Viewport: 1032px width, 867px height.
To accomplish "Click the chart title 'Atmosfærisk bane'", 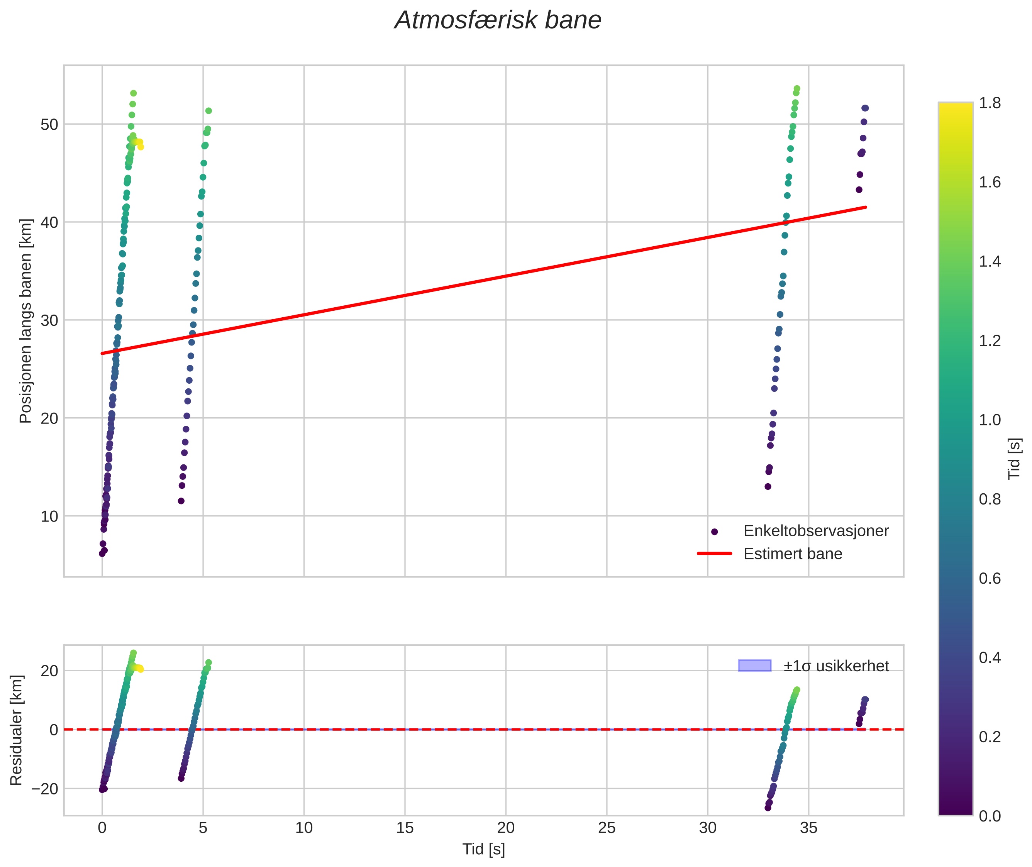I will coord(498,20).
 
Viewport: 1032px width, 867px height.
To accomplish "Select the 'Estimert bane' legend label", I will coord(792,554).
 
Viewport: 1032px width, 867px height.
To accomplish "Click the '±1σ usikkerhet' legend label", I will coord(836,666).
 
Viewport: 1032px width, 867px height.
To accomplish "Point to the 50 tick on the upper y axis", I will coord(49,124).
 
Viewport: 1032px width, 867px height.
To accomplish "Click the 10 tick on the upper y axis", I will coord(49,516).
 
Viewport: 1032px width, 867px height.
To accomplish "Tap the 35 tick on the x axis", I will coord(808,828).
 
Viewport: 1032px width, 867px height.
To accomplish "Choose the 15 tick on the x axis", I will coord(405,828).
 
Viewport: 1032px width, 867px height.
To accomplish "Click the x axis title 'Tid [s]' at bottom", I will coord(483,849).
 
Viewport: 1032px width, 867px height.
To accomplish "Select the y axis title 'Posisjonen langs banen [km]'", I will coord(25,321).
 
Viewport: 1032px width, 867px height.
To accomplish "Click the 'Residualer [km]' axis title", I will coord(16,730).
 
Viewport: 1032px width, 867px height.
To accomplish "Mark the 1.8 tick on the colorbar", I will coord(989,103).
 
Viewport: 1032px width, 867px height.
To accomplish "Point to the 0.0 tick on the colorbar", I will coord(989,816).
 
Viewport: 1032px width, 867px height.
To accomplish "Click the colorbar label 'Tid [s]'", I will coord(1014,459).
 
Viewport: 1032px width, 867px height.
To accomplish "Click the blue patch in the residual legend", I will coord(754,665).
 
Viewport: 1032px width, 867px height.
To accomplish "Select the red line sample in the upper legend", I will coord(714,554).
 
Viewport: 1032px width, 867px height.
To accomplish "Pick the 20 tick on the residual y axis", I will coord(49,671).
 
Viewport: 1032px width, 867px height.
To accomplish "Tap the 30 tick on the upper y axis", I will coord(49,320).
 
